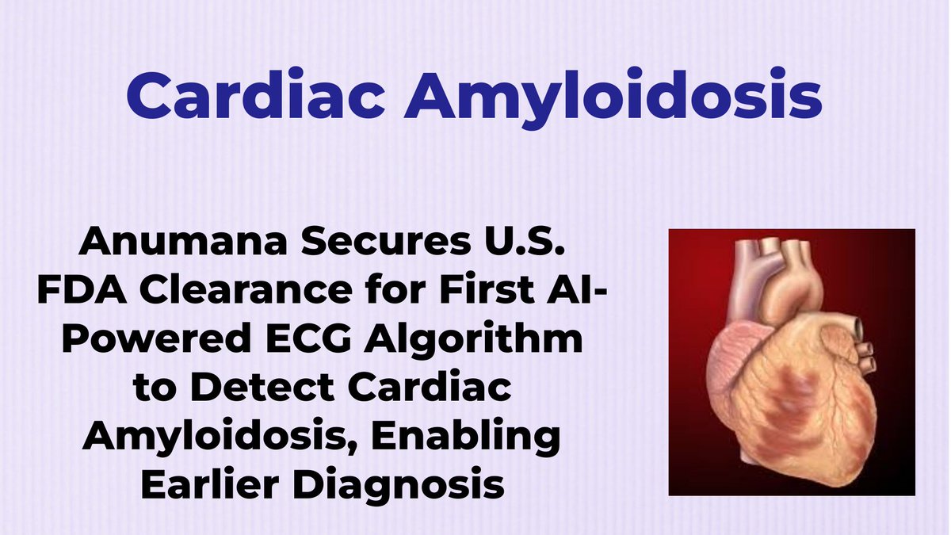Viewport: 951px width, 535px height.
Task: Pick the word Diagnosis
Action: click(x=404, y=484)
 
